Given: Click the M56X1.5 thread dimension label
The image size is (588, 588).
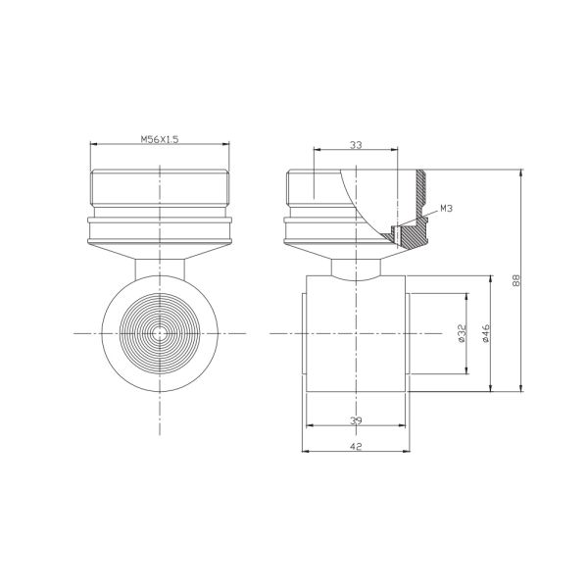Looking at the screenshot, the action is pyautogui.click(x=160, y=139).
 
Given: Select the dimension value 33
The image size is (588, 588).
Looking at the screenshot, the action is pyautogui.click(x=356, y=145).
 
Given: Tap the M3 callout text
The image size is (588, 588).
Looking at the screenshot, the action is pyautogui.click(x=446, y=208).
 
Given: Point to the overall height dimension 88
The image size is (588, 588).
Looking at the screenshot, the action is pyautogui.click(x=516, y=280).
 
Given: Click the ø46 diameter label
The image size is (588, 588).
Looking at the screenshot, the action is pyautogui.click(x=486, y=333).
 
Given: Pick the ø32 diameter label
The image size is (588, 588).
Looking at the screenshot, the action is pyautogui.click(x=462, y=333).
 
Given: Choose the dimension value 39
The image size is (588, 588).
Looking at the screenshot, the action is pyautogui.click(x=356, y=420).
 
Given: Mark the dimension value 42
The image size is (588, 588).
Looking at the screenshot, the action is pyautogui.click(x=356, y=446).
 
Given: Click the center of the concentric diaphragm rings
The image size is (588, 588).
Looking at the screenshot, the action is pyautogui.click(x=160, y=333).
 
